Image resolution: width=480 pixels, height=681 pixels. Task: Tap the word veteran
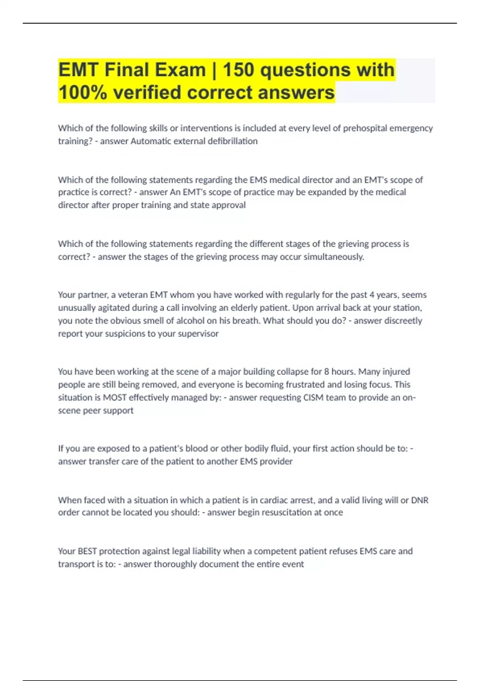coord(132,295)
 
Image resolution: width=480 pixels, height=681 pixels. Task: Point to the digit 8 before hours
coord(326,371)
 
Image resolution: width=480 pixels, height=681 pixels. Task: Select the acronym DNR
coord(420,500)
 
